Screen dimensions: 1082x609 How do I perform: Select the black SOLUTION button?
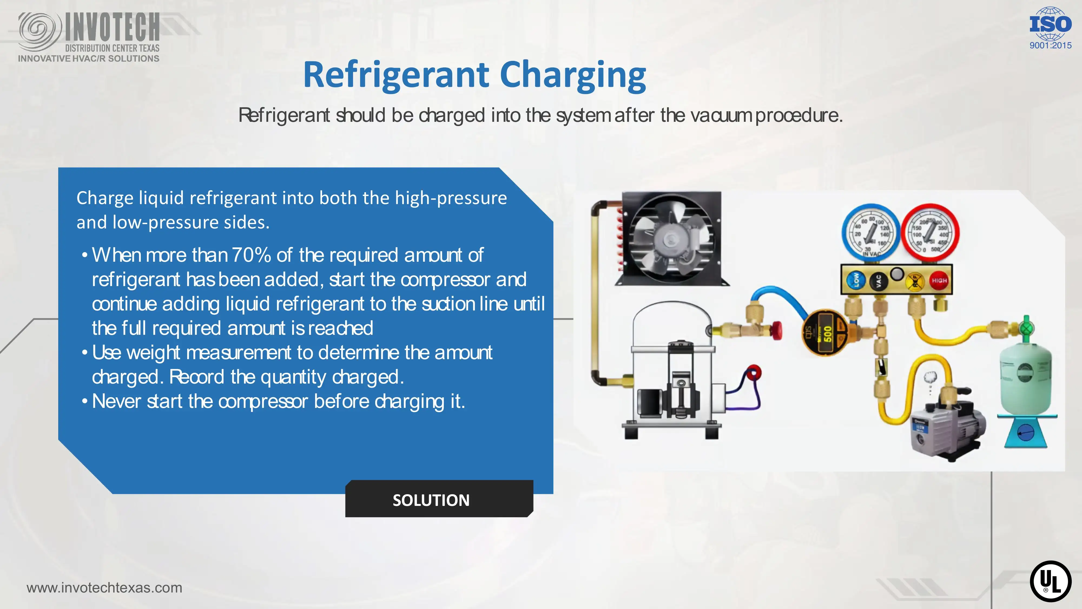pyautogui.click(x=439, y=499)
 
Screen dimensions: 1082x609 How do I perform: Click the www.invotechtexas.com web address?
pyautogui.click(x=104, y=588)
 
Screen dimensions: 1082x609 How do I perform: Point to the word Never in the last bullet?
pyautogui.click(x=116, y=401)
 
